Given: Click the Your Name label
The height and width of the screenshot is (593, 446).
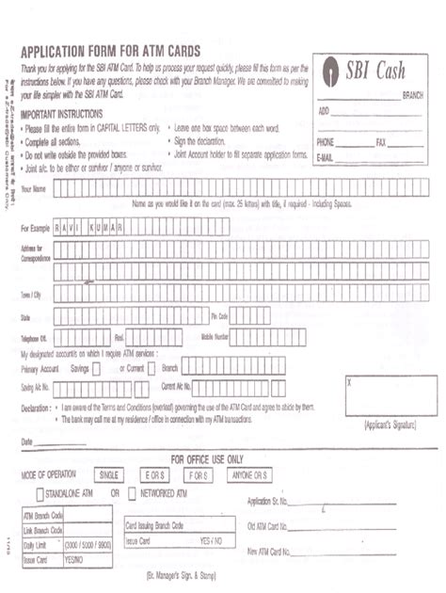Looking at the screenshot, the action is click(33, 188).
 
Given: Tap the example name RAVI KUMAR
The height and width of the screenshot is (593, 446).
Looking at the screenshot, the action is click(95, 227).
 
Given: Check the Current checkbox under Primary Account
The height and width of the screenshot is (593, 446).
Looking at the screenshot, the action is click(152, 368).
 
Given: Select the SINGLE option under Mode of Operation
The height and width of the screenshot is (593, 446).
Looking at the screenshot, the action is click(111, 474).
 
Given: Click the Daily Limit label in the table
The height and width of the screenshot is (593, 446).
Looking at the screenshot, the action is click(35, 544).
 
